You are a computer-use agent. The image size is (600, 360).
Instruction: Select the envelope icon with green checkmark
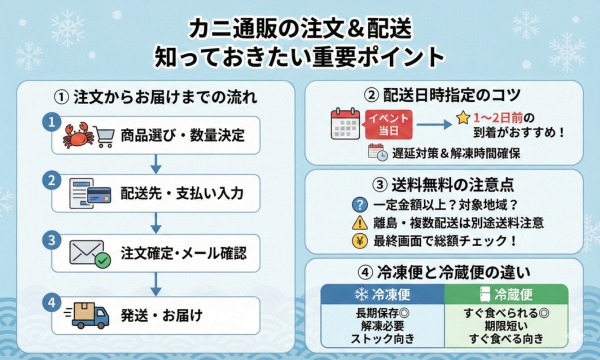[x=87, y=252]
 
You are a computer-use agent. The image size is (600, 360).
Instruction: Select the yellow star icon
[x=463, y=118]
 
